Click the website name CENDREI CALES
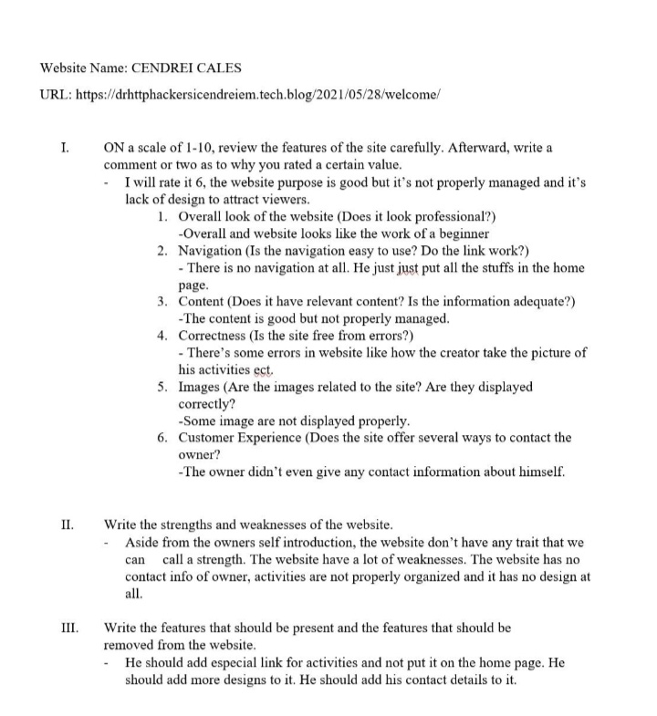coord(189,67)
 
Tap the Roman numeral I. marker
coord(64,147)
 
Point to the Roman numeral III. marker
coord(69,628)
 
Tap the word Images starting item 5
coord(202,387)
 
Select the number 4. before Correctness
coord(162,336)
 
